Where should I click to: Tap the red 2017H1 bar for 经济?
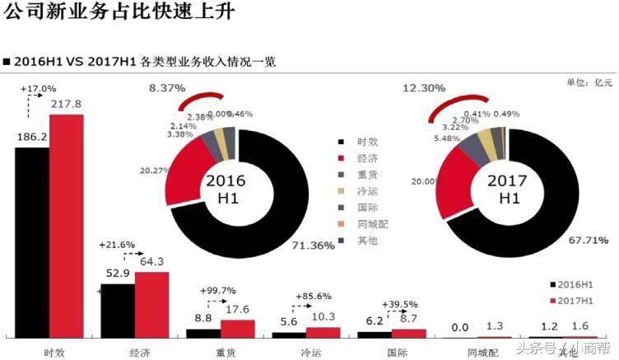151,304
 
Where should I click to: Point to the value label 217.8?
66,105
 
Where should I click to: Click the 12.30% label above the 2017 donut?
424,87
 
